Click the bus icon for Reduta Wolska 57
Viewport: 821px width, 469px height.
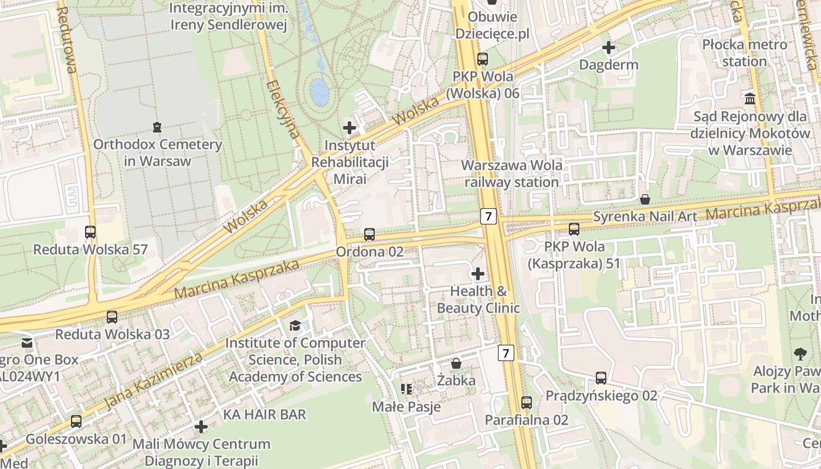[x=90, y=232]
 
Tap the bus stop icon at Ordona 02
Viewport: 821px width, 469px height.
[x=369, y=235]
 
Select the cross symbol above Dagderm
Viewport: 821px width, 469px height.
[x=609, y=47]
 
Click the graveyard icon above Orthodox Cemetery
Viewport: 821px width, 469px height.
[x=157, y=127]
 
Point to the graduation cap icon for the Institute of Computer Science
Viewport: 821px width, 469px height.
[x=295, y=325]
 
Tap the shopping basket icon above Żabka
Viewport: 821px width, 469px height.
[x=456, y=363]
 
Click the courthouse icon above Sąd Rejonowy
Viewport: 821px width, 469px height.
[x=749, y=98]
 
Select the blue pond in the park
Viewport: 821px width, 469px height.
[x=319, y=92]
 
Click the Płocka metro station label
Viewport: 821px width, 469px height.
[x=745, y=53]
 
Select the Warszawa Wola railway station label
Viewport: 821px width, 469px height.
[x=512, y=174]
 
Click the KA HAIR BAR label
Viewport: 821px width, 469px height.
[x=264, y=414]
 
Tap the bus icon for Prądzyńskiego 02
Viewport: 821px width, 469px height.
[x=601, y=378]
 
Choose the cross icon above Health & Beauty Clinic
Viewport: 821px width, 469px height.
[x=478, y=273]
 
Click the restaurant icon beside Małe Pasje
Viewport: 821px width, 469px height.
[x=406, y=389]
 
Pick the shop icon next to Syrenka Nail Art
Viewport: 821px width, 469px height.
[x=645, y=199]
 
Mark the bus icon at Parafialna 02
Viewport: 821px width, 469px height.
[x=527, y=403]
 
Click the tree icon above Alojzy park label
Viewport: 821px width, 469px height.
[x=799, y=354]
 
